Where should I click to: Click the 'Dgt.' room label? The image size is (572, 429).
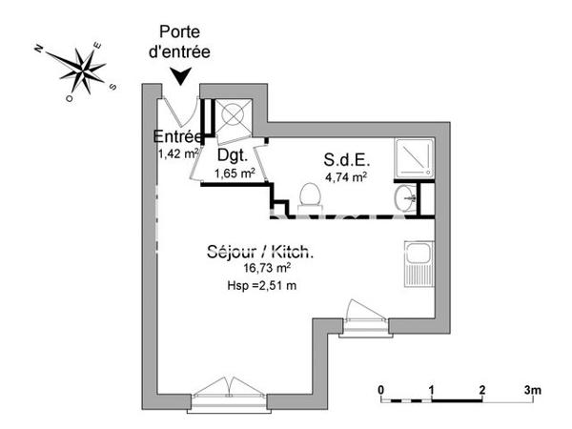[x=233, y=154]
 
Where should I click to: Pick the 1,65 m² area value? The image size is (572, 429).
[x=235, y=173]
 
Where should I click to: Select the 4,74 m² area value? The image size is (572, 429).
[x=347, y=175]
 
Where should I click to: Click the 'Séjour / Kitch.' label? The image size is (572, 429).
[x=260, y=253]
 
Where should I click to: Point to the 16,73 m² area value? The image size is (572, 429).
[x=260, y=269]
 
